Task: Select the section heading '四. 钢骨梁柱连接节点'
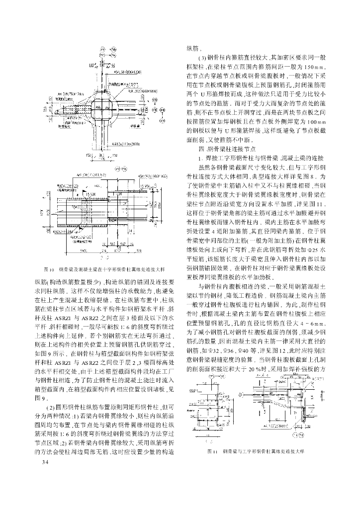[227, 149]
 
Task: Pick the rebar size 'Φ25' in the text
[313, 248]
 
